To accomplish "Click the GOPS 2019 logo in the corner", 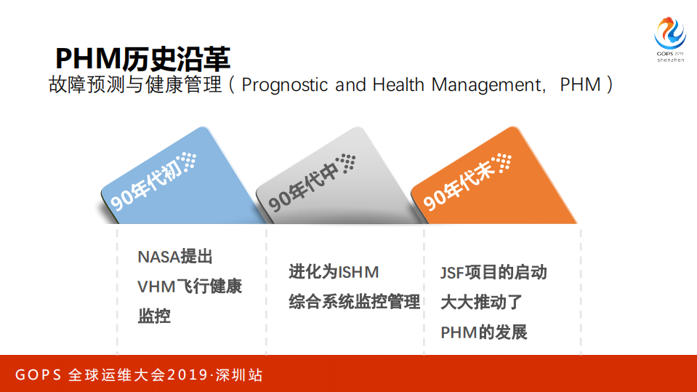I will [669, 39].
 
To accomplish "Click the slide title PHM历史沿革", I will [143, 57].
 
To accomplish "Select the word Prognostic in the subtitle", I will [285, 85].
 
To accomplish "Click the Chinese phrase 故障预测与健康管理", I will [135, 85].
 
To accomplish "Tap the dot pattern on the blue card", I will [188, 161].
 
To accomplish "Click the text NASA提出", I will [175, 257].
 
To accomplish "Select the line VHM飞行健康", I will [190, 287].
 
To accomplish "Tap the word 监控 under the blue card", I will [154, 316].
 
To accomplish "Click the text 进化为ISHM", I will [334, 273].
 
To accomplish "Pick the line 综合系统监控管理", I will [354, 302].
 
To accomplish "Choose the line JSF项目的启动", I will [493, 273].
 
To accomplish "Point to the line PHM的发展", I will [483, 332].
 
